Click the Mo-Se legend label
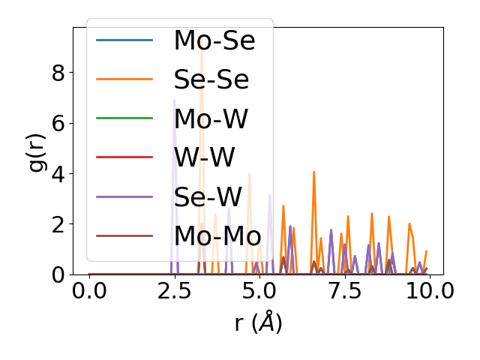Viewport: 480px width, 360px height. (214, 40)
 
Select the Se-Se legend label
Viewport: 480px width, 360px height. (211, 79)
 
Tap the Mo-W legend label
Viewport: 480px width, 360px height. (211, 118)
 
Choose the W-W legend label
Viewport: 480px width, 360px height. (204, 157)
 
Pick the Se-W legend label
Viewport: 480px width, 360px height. (208, 196)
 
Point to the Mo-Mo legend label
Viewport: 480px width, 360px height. (217, 235)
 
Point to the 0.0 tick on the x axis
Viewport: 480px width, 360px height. (89, 291)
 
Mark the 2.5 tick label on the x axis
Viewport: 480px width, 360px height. (174, 291)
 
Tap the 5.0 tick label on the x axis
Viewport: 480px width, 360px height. (259, 291)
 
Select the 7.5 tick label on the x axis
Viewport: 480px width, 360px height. (344, 291)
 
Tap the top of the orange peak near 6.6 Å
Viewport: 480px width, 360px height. (313, 172)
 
